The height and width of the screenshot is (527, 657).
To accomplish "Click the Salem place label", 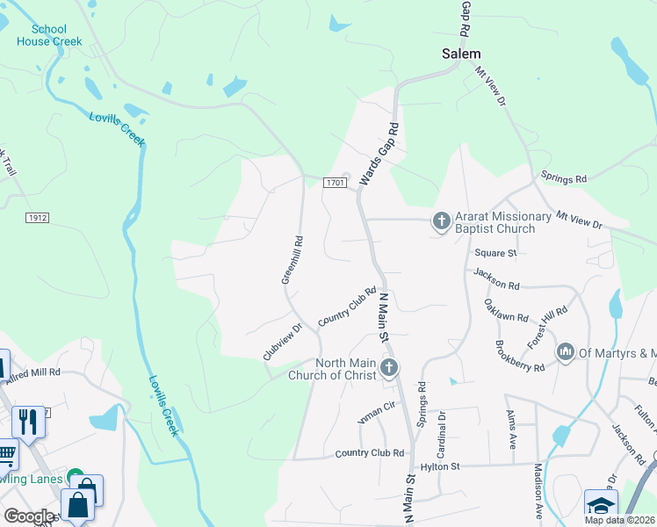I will coord(460,54).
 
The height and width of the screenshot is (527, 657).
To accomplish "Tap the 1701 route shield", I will coord(333,182).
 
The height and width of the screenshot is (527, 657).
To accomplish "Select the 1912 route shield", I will coord(37,217).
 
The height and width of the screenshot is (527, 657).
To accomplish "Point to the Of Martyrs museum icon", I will coord(566,352).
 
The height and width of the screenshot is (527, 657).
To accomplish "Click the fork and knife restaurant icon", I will coord(29,422).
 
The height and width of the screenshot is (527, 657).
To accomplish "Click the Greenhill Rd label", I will coord(292,259).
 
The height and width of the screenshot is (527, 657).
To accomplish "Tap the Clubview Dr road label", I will coord(282,342).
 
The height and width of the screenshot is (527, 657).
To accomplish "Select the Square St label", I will coord(495,253).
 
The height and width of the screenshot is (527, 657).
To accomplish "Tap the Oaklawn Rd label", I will coord(507,310).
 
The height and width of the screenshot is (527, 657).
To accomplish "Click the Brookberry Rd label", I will coord(520,357).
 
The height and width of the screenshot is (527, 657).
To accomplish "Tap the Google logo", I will coord(28,516).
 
